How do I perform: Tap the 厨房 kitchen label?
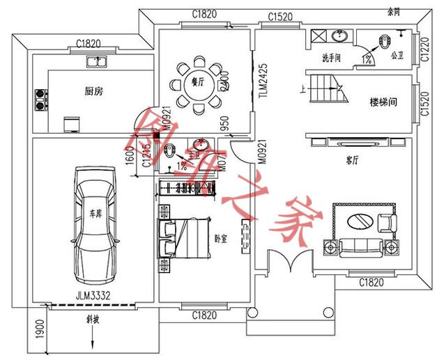click(x=93, y=91)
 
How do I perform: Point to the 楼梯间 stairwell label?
click(x=383, y=102)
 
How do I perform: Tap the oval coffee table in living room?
click(x=358, y=222)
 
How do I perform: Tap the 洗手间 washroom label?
click(x=331, y=58)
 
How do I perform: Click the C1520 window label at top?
click(x=279, y=16)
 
